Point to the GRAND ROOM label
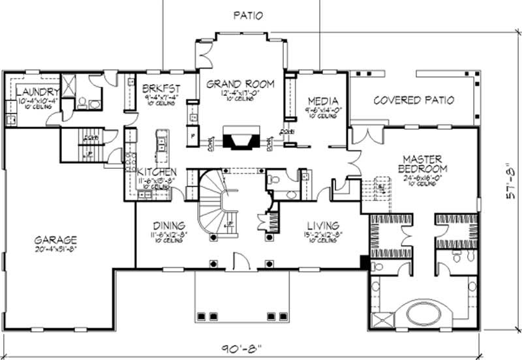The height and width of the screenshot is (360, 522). (240, 84)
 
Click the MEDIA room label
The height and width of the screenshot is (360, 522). (322, 101)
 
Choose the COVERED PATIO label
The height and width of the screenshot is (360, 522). (413, 100)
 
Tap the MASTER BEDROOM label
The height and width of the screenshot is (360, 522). (422, 164)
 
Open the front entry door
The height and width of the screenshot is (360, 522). (241, 262)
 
